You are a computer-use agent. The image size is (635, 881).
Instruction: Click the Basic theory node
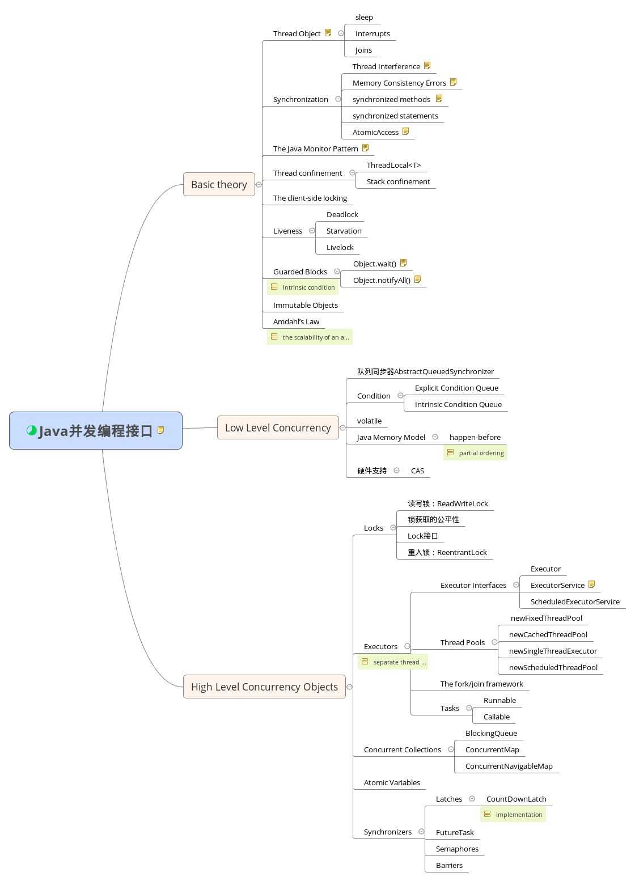219,184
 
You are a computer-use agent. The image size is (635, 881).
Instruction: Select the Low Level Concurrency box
278,427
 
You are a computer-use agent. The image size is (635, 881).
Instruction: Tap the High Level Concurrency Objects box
264,687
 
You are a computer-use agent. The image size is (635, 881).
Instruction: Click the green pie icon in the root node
32,430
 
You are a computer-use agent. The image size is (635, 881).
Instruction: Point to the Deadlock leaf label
342,214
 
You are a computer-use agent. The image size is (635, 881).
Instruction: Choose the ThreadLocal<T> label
393,165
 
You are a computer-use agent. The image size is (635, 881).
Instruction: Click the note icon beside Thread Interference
427,66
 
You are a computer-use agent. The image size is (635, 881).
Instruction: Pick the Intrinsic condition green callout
303,287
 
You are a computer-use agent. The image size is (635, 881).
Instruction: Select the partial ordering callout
475,452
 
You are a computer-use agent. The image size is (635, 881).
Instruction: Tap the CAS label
417,471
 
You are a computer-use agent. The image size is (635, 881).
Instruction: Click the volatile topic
369,421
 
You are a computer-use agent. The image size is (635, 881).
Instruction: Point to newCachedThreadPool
548,634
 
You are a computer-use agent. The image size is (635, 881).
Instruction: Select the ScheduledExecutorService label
575,602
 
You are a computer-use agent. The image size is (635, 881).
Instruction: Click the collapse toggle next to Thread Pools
494,642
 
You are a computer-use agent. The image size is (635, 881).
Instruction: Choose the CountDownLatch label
516,799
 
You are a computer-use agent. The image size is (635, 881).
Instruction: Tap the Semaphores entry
457,849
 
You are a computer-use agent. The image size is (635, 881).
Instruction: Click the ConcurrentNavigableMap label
509,766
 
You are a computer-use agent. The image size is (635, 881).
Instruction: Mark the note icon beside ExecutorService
592,584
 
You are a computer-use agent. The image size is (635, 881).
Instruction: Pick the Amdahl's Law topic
296,321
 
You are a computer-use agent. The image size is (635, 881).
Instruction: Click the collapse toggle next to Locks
393,528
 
